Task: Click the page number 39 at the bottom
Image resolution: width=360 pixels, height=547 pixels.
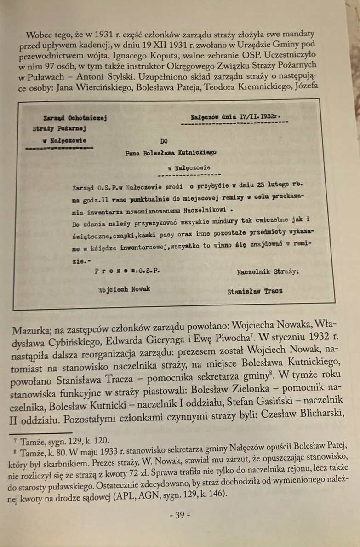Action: (179, 515)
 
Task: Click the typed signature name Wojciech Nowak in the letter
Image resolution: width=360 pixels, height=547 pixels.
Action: (124, 289)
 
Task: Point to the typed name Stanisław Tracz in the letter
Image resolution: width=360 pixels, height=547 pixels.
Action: (255, 291)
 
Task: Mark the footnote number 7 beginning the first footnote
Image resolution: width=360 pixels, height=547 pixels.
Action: (15, 439)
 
